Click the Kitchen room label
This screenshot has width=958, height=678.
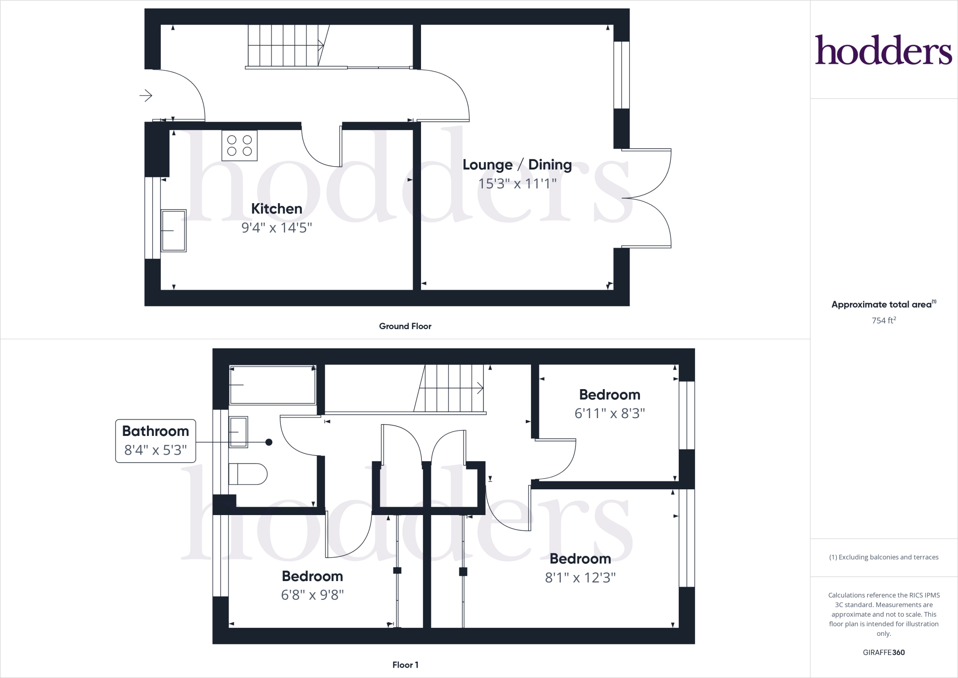pyautogui.click(x=276, y=209)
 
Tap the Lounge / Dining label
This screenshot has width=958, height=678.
pyautogui.click(x=517, y=165)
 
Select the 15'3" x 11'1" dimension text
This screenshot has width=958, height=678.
pyautogui.click(x=517, y=184)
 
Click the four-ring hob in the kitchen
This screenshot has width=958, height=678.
pyautogui.click(x=239, y=146)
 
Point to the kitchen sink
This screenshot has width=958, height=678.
pyautogui.click(x=174, y=231)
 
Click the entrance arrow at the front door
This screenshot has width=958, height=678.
pyautogui.click(x=146, y=96)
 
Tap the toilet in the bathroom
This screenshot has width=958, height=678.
pyautogui.click(x=247, y=474)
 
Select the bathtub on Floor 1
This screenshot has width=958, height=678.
pyautogui.click(x=273, y=385)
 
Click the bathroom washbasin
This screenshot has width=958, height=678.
pyautogui.click(x=238, y=432)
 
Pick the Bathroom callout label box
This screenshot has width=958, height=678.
pyautogui.click(x=155, y=441)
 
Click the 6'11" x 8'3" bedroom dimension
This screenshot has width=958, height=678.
pyautogui.click(x=610, y=413)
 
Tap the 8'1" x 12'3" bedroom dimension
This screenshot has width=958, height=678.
pyautogui.click(x=580, y=578)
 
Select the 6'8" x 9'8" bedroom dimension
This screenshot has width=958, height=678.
pyautogui.click(x=312, y=595)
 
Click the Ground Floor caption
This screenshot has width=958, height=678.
pyautogui.click(x=405, y=326)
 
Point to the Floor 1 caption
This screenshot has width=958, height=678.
pyautogui.click(x=405, y=665)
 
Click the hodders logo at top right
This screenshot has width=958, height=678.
pyautogui.click(x=884, y=50)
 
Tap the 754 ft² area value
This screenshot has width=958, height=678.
pyautogui.click(x=884, y=321)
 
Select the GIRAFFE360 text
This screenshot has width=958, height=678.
pyautogui.click(x=884, y=652)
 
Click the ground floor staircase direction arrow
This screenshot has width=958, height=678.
pyautogui.click(x=321, y=45)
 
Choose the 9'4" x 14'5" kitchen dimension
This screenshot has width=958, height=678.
pyautogui.click(x=276, y=228)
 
